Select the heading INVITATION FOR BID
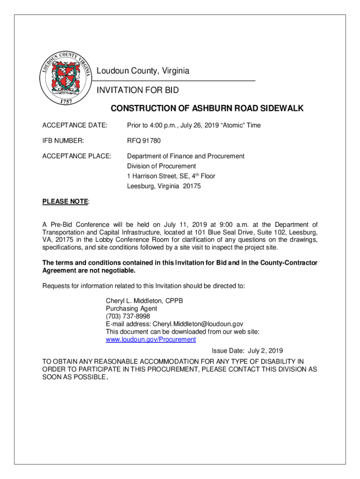(137, 90)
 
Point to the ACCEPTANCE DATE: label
(75, 125)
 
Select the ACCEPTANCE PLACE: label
(77, 156)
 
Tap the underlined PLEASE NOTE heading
(65, 202)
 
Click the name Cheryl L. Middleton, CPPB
(144, 301)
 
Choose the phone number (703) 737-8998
(128, 316)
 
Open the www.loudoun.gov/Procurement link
(151, 339)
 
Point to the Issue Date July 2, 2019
(247, 350)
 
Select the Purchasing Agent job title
(131, 309)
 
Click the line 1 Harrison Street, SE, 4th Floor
(171, 176)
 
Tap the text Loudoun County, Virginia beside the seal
(143, 71)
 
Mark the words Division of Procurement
(161, 166)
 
